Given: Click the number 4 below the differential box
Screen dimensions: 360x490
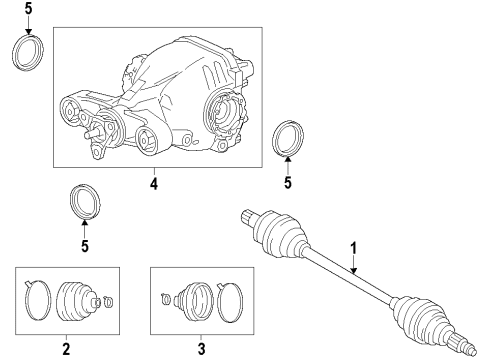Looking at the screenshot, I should pos(152,183).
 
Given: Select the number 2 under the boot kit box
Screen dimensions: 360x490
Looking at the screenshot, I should pos(65,349).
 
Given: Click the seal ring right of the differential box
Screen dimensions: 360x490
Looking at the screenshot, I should pos(289,136).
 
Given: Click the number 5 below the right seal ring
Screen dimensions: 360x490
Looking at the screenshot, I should pos(287,183).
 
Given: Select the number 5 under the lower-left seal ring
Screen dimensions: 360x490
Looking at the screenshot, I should pos(84,246).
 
